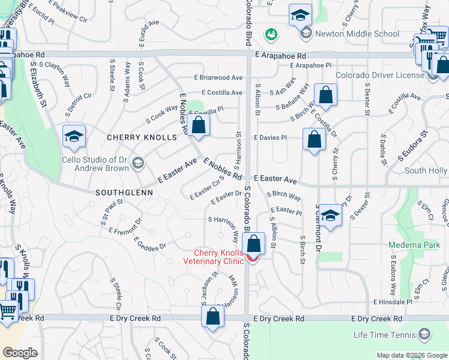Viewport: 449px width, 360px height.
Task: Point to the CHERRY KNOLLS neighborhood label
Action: click(142, 137)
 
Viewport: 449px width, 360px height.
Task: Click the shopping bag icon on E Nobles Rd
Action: click(200, 125)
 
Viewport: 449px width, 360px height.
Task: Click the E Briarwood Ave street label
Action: click(218, 77)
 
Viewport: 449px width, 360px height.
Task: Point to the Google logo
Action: click(20, 353)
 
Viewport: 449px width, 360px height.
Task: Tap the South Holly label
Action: click(425, 171)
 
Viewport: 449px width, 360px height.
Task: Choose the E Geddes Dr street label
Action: click(149, 244)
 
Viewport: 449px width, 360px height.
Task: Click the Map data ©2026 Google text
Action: click(411, 355)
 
